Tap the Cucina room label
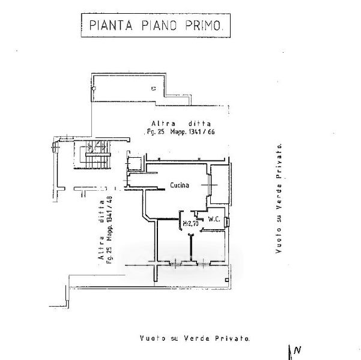click(x=179, y=185)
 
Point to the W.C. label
click(x=215, y=219)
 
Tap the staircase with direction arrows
click(x=96, y=154)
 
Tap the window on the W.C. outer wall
click(x=228, y=221)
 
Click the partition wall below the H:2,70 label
click(x=191, y=246)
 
